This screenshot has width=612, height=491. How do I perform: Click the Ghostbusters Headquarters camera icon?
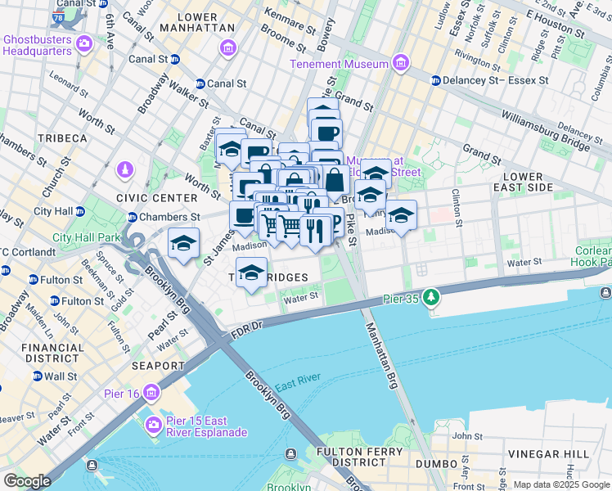(x=83, y=42)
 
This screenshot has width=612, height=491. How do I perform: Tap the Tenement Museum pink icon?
(x=400, y=63)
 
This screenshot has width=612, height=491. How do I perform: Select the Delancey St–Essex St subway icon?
(x=436, y=80)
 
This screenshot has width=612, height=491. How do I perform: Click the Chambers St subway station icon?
(x=132, y=217)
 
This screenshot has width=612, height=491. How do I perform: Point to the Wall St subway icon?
(x=36, y=376)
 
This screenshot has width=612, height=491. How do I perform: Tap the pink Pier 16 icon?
(x=151, y=393)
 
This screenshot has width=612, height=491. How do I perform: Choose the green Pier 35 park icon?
(x=429, y=298)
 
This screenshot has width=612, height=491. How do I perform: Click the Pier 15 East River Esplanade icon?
(x=151, y=424)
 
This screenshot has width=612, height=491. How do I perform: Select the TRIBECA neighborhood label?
(x=60, y=138)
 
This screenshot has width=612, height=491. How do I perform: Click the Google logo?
(x=27, y=480)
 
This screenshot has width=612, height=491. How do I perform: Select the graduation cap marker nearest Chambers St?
(x=184, y=244)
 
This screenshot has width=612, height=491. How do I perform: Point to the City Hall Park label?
(x=86, y=238)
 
